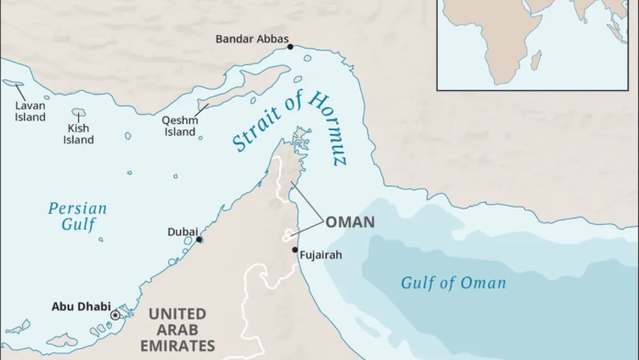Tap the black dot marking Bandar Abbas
290,46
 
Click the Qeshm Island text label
179,126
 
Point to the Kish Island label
78,134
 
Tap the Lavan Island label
28,110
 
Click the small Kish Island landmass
79,113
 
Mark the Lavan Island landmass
14,84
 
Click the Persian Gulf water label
77,217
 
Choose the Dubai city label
181,232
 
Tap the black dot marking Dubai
199,240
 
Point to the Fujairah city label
320,254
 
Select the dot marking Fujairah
295,250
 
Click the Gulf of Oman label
453,283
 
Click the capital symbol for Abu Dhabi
115,315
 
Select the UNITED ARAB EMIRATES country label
176,330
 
